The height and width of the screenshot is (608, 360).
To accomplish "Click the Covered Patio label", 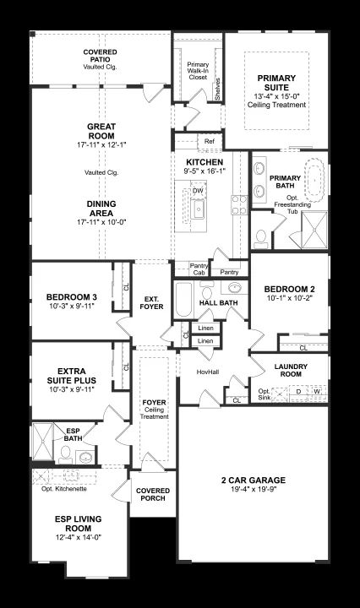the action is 100,56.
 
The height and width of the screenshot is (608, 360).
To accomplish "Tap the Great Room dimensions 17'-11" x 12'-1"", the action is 101,144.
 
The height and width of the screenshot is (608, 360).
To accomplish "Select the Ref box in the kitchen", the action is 209,142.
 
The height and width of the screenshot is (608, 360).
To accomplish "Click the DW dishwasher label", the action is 198,190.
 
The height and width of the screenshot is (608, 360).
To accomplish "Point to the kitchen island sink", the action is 199,209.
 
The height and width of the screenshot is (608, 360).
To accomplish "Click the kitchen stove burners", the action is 239,204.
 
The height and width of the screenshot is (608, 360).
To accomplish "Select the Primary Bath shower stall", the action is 314,230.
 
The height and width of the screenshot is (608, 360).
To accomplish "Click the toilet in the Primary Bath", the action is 260,239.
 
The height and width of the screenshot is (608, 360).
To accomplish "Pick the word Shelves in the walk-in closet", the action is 218,90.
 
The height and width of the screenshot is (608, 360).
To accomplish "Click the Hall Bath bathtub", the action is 183,300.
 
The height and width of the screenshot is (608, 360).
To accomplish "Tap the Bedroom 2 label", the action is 289,289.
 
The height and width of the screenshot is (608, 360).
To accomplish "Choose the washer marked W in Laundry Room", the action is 318,393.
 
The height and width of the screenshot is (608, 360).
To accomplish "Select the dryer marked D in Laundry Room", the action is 298,392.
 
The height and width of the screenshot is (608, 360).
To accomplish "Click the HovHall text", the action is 208,372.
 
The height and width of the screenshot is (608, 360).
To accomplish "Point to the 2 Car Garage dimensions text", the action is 254,489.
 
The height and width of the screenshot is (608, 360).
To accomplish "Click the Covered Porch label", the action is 153,494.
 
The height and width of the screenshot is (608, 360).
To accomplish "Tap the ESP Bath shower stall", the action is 42,442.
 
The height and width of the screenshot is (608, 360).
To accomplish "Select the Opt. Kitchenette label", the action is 64,489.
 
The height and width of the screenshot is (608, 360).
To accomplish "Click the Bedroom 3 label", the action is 72,297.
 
